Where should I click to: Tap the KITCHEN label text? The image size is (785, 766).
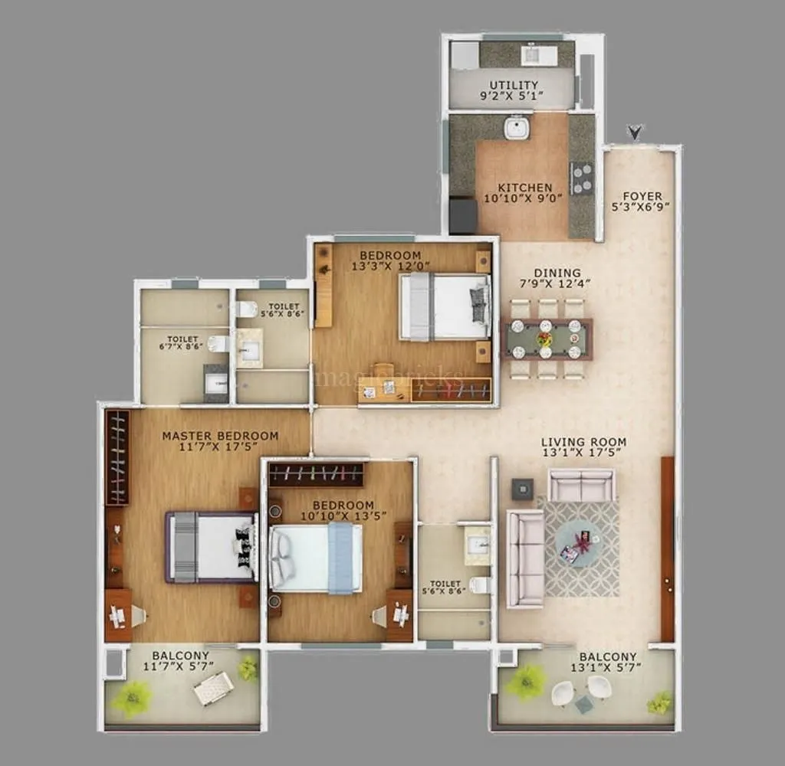(524, 188)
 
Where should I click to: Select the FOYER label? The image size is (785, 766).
(642, 196)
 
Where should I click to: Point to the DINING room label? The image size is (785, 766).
(557, 273)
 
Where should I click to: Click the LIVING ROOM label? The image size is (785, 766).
(583, 442)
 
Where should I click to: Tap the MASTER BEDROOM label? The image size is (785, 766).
(220, 436)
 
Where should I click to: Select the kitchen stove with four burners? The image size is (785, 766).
(582, 178)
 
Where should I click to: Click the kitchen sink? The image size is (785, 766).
(517, 127)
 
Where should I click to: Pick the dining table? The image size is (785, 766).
(546, 339)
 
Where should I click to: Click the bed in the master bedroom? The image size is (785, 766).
(210, 547)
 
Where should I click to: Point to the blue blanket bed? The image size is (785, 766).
(316, 558)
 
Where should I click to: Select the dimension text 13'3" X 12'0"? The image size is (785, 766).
(390, 266)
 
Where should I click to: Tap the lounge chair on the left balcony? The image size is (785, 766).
(212, 687)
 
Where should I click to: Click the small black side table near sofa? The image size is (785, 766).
(523, 489)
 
